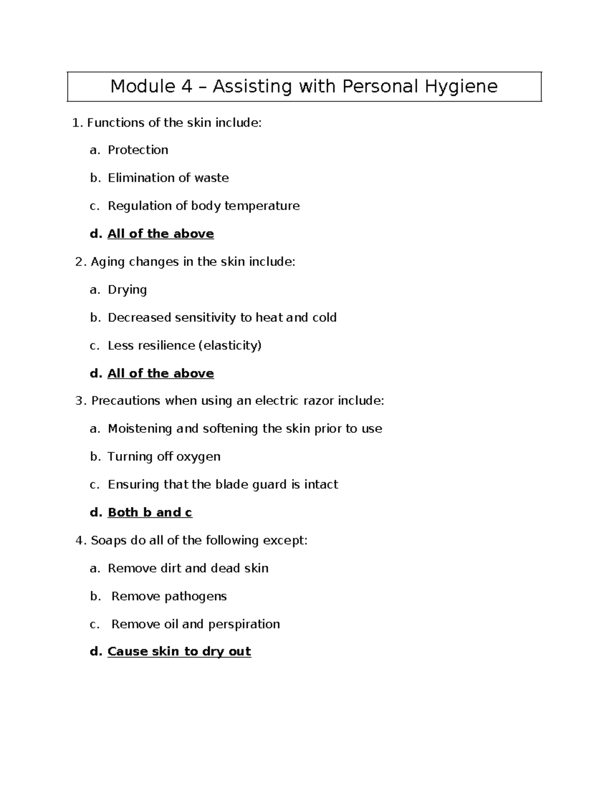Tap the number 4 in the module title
tap(186, 87)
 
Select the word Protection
tap(138, 150)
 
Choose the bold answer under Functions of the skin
tap(160, 234)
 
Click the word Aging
tap(108, 262)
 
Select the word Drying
tap(127, 290)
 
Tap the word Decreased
tap(139, 318)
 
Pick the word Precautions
tap(125, 401)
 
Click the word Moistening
tap(140, 429)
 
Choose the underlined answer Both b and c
tap(150, 512)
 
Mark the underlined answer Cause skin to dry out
tap(179, 652)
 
